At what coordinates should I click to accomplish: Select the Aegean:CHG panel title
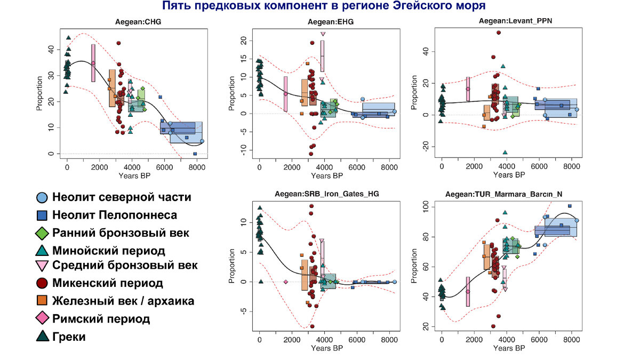pos(138,22)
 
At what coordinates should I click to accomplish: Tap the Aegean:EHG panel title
pos(331,22)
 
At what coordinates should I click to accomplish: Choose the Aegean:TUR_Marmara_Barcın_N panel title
pos(513,195)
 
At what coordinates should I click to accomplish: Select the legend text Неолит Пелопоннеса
pos(115,215)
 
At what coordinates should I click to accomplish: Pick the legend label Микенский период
pos(107,283)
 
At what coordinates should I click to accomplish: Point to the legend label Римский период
pos(101,319)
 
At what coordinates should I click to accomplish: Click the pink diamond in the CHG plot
pos(93,63)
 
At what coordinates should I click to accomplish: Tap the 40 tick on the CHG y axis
pos(52,49)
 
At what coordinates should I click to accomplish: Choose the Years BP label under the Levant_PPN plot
pos(509,174)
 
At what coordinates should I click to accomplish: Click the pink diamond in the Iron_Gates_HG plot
pos(286,282)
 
